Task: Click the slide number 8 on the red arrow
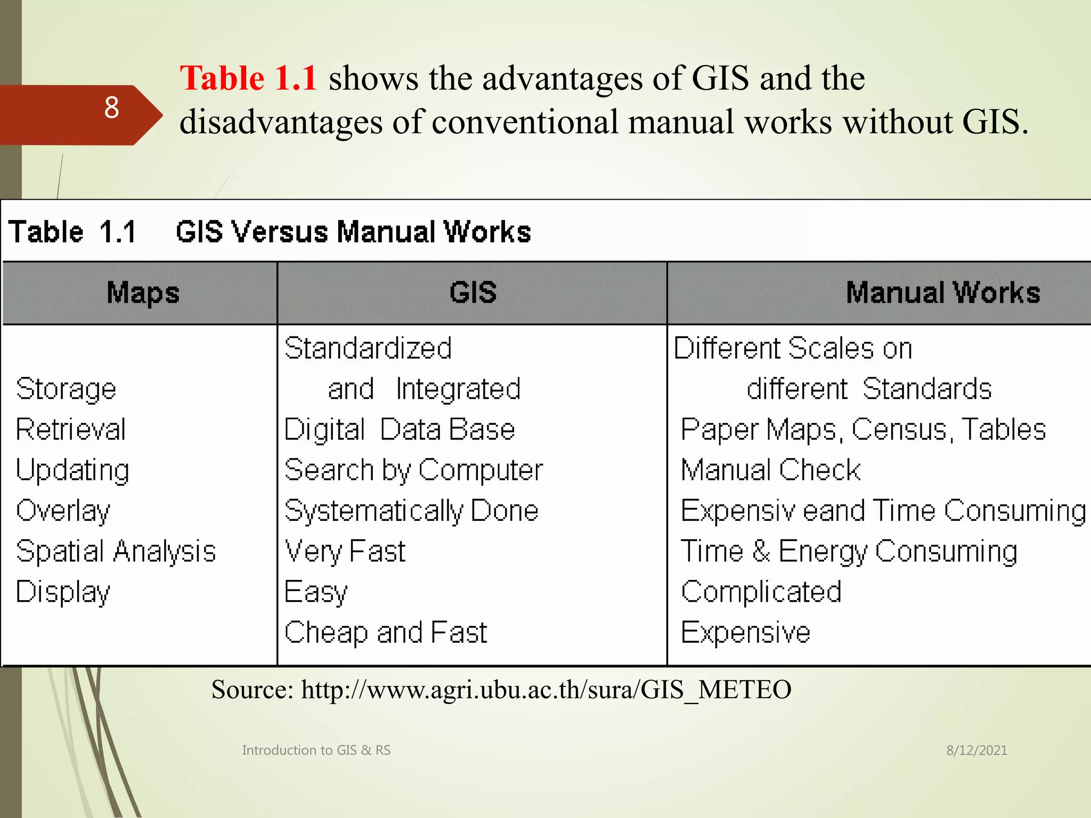(x=111, y=108)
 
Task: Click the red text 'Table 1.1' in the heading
(x=248, y=78)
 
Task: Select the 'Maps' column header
(x=143, y=293)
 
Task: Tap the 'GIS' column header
(x=473, y=293)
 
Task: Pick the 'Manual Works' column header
(x=943, y=293)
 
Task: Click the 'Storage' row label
(x=66, y=389)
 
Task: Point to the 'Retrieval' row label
(x=71, y=430)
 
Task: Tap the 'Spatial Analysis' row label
(x=116, y=552)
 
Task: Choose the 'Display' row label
(x=63, y=592)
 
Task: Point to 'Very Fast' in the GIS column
(x=345, y=552)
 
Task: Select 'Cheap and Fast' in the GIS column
(x=386, y=633)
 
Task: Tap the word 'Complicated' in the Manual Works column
(x=761, y=592)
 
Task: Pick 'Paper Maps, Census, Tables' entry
(x=863, y=430)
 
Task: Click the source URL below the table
(x=546, y=690)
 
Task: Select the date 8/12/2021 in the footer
(x=976, y=750)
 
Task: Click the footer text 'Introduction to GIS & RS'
(x=316, y=750)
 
